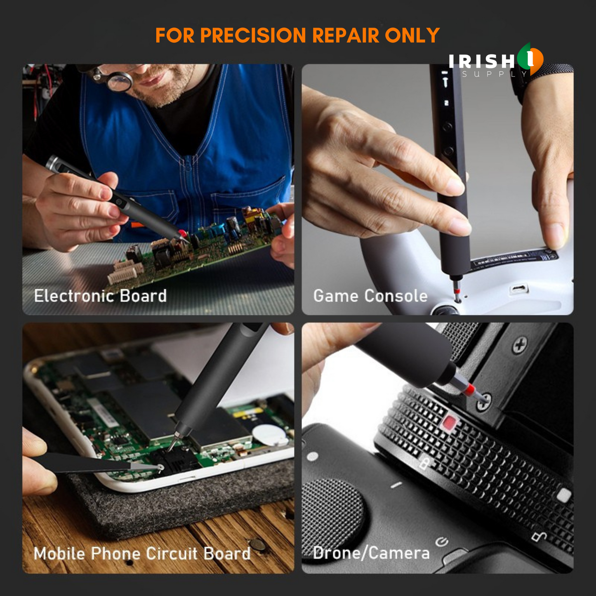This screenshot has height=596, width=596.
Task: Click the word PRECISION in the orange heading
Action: click(253, 35)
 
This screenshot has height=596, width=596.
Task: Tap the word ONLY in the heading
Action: click(412, 35)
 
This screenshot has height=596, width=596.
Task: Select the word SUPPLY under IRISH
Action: click(495, 74)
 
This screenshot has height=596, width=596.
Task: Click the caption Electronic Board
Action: click(100, 296)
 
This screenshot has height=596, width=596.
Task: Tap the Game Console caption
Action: click(370, 296)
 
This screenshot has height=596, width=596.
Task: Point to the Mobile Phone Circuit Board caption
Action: click(142, 554)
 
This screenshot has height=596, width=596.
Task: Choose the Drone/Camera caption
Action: click(371, 554)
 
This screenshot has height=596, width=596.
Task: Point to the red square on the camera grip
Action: click(450, 422)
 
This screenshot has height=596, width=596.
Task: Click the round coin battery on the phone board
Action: click(265, 435)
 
